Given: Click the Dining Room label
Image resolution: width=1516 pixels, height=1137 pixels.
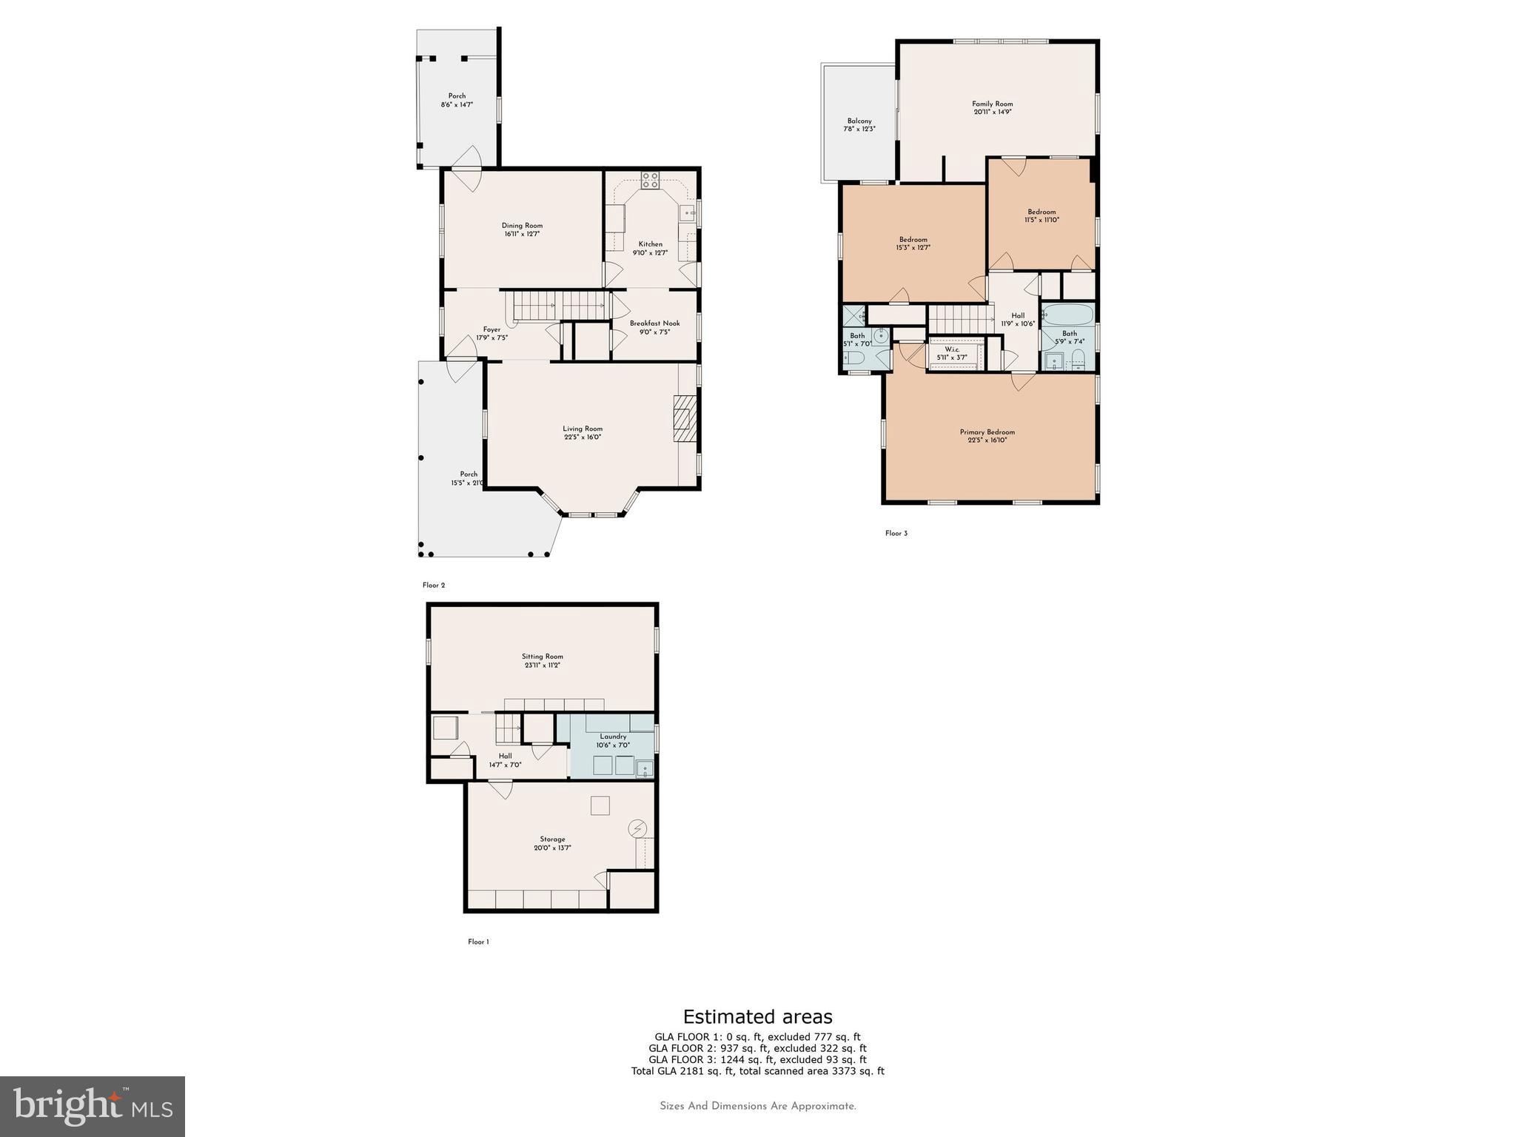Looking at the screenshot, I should [522, 229].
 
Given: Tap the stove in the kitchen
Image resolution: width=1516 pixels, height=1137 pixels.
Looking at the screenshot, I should [650, 179].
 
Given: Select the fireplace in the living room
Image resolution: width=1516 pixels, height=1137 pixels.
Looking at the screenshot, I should [685, 419].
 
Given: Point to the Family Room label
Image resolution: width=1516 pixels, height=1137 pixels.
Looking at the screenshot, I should [992, 108].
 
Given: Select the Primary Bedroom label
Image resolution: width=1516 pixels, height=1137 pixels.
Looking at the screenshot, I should [987, 436].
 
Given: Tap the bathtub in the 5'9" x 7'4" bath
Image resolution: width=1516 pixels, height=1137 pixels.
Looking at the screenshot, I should [1067, 315].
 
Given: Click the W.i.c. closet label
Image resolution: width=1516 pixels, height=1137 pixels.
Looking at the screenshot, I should [952, 353].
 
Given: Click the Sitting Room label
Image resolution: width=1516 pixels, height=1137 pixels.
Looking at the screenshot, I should [542, 660].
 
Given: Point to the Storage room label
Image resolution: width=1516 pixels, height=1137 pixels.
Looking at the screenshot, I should [552, 843].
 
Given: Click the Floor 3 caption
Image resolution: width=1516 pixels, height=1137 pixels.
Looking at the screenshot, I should [896, 533].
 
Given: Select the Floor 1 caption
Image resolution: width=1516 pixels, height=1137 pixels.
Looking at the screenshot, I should [478, 942].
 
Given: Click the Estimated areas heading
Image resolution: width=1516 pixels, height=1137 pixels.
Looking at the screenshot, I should [757, 1016].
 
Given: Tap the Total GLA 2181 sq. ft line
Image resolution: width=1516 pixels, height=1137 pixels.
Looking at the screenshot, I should [757, 1070].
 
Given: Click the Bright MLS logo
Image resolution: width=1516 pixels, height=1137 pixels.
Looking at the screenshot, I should [93, 1106].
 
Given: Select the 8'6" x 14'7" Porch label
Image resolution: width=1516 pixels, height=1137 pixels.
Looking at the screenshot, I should [457, 100].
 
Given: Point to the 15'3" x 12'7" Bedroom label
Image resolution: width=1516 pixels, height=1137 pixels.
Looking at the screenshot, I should [913, 244].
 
